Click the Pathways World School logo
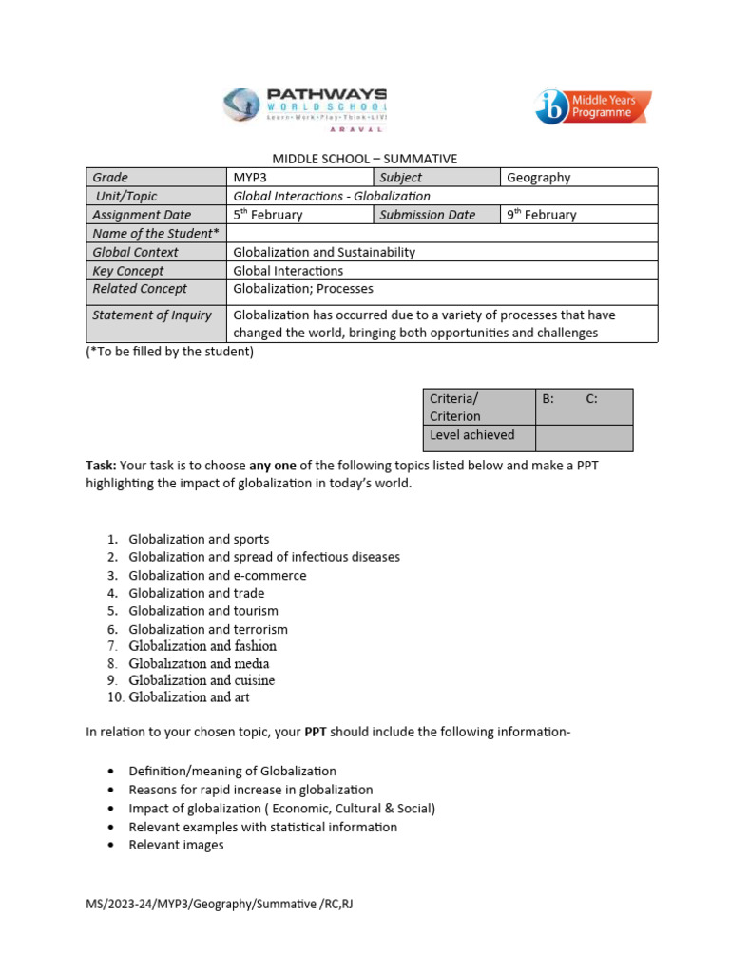pyautogui.click(x=304, y=105)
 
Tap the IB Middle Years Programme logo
pyautogui.click(x=593, y=106)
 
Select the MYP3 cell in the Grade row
pyautogui.click(x=299, y=178)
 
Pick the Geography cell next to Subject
pyautogui.click(x=578, y=178)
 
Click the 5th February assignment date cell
pyautogui.click(x=299, y=215)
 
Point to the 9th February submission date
pyautogui.click(x=578, y=215)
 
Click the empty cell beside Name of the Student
pyautogui.click(x=442, y=234)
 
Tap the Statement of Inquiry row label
pyautogui.click(x=152, y=315)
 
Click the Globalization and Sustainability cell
pyautogui.click(x=324, y=253)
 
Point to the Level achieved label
pyautogui.click(x=472, y=435)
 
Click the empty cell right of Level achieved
pyautogui.click(x=584, y=437)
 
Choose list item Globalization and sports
pyautogui.click(x=199, y=539)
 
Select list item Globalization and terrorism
pyautogui.click(x=208, y=629)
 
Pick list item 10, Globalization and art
pyautogui.click(x=189, y=697)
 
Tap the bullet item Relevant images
pyautogui.click(x=176, y=845)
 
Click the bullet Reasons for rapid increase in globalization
pyautogui.click(x=251, y=790)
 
